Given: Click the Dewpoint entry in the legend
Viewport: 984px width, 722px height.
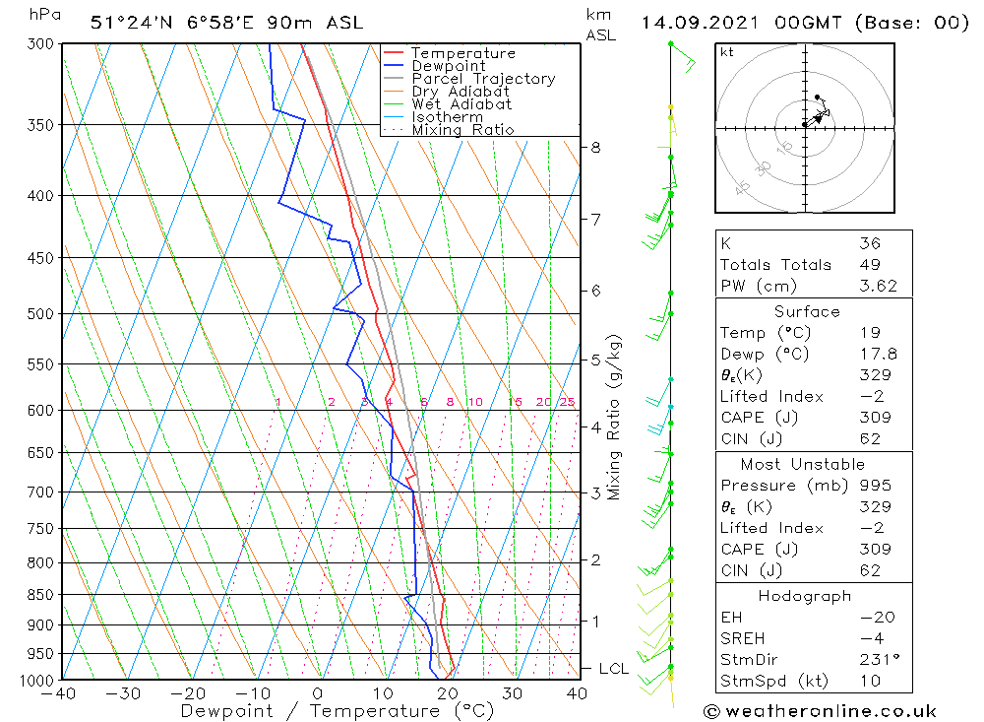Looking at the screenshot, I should pos(448,66).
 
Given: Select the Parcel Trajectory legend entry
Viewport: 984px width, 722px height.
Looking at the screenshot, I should pos(483,79).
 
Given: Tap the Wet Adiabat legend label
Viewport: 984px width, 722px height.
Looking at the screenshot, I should pos(461,104).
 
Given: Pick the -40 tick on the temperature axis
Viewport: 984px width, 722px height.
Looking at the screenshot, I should pos(59,693).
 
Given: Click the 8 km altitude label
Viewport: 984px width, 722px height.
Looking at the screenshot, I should pos(595,148).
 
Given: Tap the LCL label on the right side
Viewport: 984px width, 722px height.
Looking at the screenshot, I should pos(613,669).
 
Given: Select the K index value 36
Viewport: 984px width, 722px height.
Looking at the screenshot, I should pos(869,243).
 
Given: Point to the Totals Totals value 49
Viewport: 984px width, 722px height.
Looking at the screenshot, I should pos(869,265).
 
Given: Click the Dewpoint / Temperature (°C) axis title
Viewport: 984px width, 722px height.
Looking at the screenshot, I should pos(337,710).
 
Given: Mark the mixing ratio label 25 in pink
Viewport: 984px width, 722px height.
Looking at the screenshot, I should pos(567,402).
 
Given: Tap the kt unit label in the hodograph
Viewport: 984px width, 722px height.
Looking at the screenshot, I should pos(727,52).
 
